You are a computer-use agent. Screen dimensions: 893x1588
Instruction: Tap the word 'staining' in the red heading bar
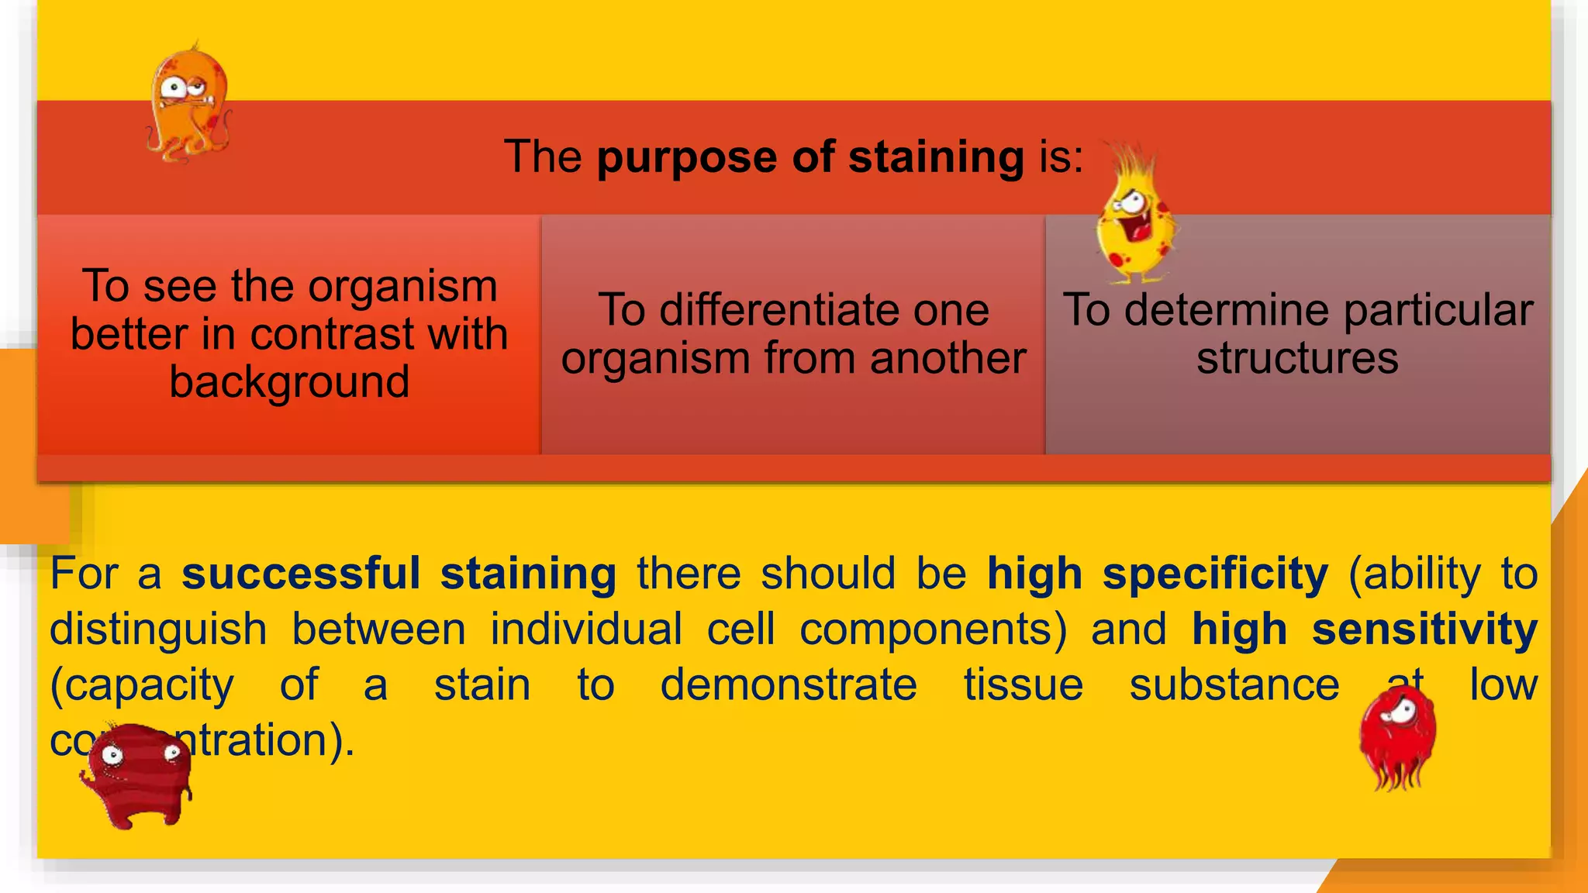[936, 158]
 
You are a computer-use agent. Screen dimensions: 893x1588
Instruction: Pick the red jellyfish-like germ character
[1397, 736]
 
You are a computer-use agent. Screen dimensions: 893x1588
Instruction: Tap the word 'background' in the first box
[289, 382]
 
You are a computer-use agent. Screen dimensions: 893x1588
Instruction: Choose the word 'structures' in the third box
[1297, 358]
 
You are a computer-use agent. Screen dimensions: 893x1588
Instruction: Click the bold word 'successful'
[301, 574]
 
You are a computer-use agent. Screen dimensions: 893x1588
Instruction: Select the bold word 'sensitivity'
[1424, 629]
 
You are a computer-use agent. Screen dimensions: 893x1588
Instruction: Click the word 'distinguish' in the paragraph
[158, 629]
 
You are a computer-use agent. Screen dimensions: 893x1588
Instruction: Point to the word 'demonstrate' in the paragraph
[789, 685]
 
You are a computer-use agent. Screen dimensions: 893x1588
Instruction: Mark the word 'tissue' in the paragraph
[1024, 685]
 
